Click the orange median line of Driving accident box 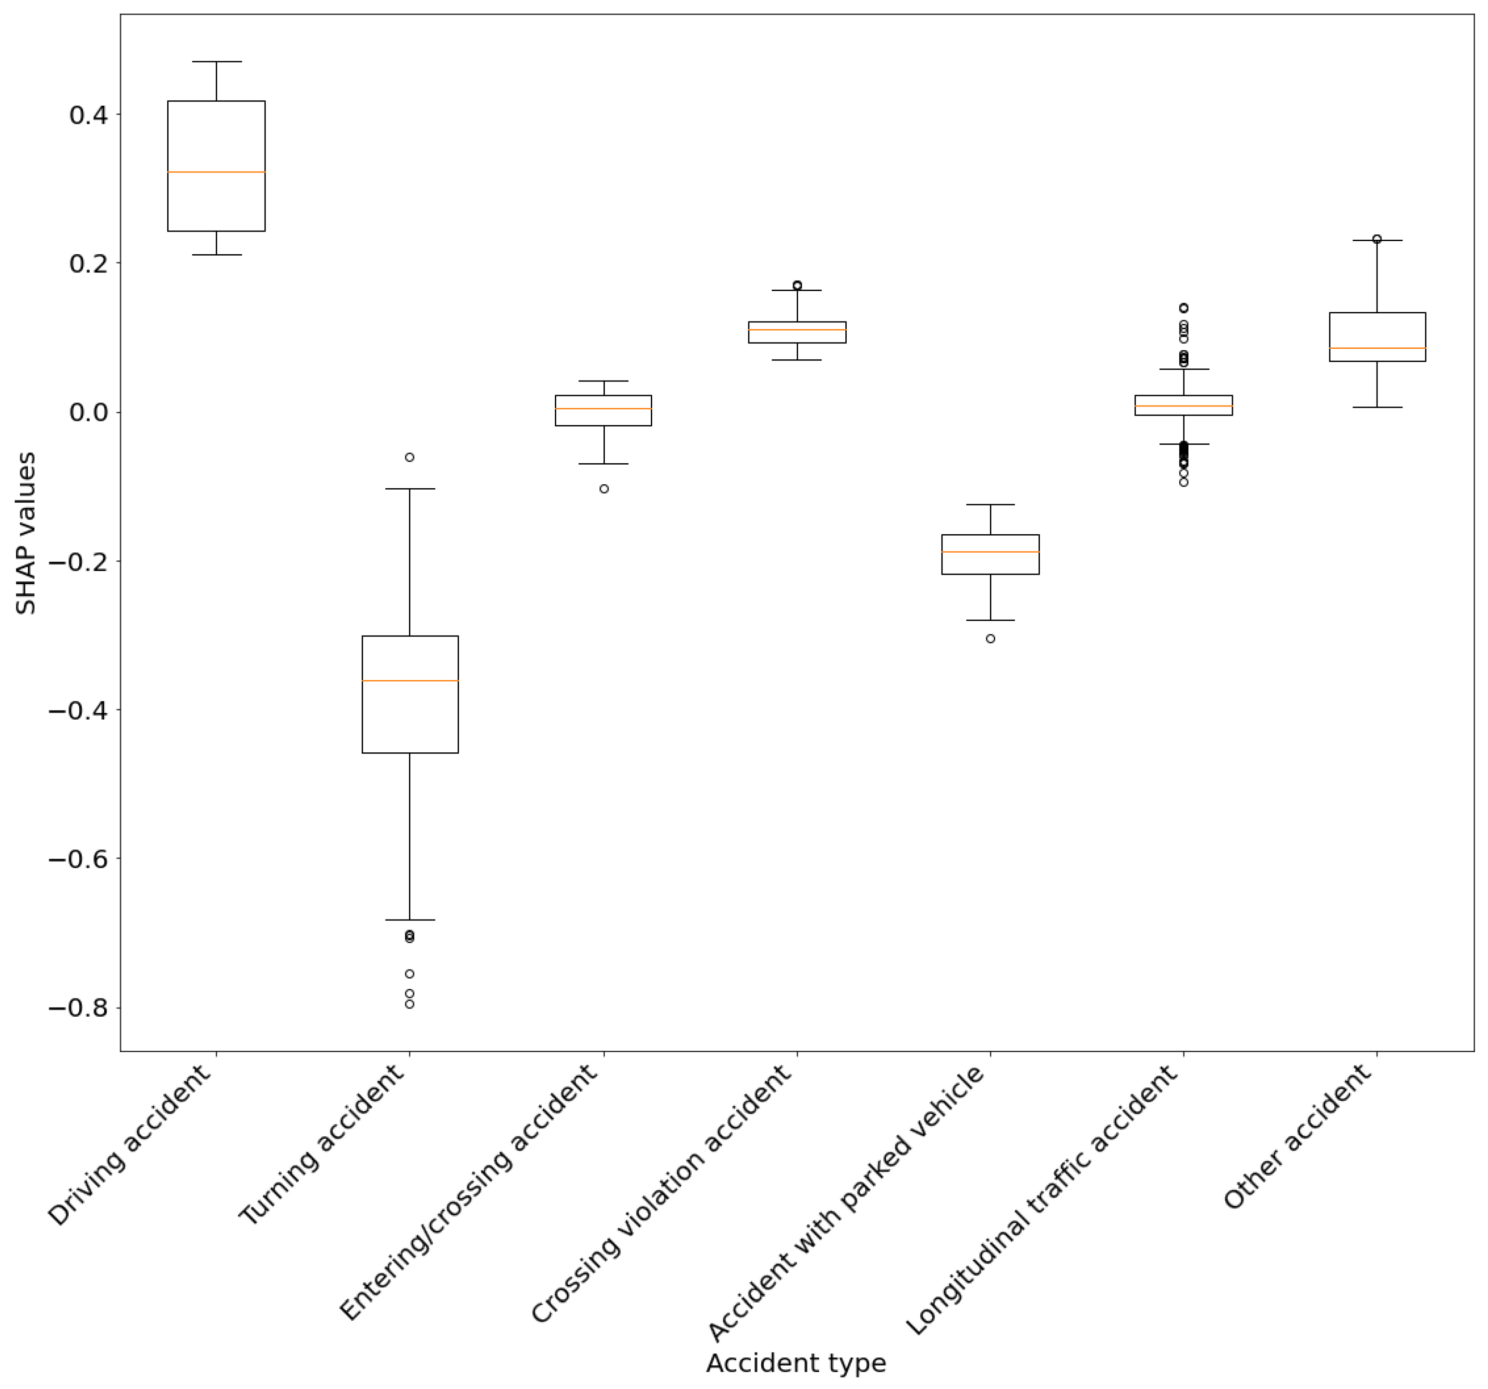point(216,172)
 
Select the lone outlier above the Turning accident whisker point(409,457)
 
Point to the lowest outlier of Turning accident point(409,1004)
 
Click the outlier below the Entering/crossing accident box point(604,489)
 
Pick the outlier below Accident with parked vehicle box point(990,639)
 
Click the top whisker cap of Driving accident point(216,61)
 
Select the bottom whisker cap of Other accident point(1377,407)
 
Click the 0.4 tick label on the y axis point(88,115)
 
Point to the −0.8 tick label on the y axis point(78,1008)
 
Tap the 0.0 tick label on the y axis point(88,413)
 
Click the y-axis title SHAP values point(26,533)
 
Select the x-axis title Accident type point(796,1363)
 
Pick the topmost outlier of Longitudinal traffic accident point(1183,308)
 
